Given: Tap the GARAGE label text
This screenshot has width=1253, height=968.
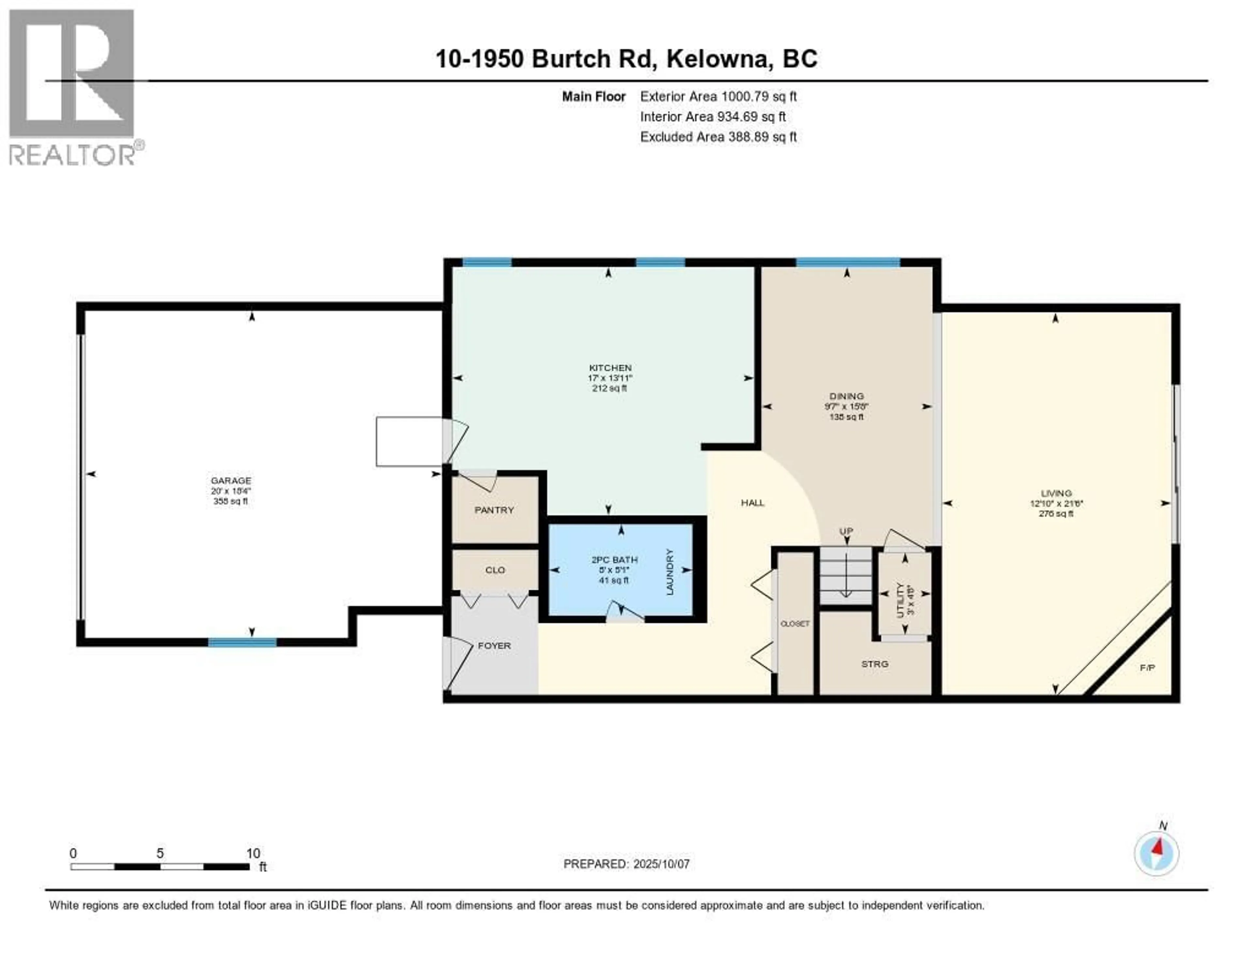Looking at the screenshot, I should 231,481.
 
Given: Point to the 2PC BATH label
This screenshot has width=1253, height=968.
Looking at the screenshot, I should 614,559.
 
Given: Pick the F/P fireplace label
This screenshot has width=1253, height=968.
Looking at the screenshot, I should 1147,668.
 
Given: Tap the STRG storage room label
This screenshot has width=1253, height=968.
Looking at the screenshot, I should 874,664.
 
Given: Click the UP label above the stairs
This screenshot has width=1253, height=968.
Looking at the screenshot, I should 846,531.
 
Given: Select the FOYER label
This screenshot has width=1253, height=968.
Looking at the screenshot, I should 494,646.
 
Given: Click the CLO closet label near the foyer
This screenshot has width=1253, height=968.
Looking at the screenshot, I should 495,570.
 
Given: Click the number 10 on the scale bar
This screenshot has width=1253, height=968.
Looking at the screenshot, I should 253,853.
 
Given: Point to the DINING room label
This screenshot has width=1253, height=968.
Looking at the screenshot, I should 846,396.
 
